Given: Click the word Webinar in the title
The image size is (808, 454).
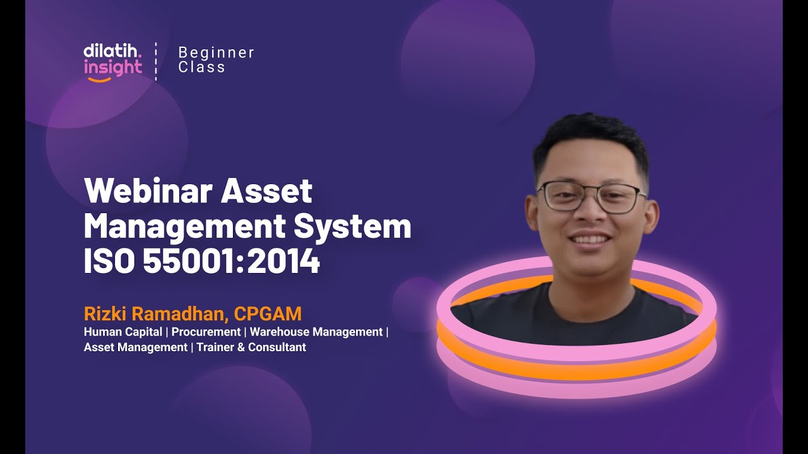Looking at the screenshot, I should pyautogui.click(x=148, y=191).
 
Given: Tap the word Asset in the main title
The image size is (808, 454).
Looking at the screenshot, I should pyautogui.click(x=266, y=191).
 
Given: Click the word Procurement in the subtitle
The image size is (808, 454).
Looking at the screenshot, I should pyautogui.click(x=206, y=332).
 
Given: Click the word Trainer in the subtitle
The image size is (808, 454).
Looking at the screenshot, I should pyautogui.click(x=215, y=347).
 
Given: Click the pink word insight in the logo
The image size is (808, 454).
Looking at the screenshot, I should pyautogui.click(x=113, y=67).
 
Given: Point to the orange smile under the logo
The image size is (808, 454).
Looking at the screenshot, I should pyautogui.click(x=99, y=79).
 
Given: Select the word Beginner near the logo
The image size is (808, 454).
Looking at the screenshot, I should pyautogui.click(x=217, y=52).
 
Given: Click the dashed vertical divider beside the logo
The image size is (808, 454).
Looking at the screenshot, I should pyautogui.click(x=156, y=61).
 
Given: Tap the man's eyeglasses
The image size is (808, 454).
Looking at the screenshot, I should pyautogui.click(x=591, y=196).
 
